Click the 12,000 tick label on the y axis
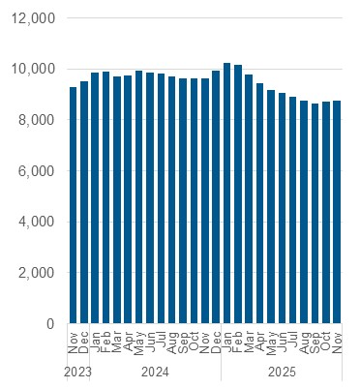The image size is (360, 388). (34, 18)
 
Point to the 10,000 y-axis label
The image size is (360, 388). (34, 70)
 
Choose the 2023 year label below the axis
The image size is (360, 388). (78, 372)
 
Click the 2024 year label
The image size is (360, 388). (156, 372)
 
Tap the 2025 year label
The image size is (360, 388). (282, 372)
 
